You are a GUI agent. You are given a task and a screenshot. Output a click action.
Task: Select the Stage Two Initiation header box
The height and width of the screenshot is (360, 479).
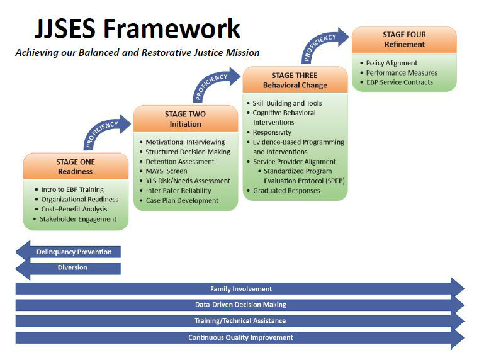(x=184, y=119)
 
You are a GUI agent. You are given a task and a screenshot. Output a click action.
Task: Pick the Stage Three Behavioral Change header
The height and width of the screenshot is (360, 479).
(x=295, y=80)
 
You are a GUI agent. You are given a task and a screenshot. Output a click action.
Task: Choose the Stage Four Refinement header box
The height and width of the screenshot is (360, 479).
(x=404, y=40)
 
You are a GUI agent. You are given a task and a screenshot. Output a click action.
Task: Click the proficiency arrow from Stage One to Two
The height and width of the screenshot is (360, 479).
(x=104, y=131)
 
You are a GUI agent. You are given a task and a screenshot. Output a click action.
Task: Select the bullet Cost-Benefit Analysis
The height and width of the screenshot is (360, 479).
(x=74, y=209)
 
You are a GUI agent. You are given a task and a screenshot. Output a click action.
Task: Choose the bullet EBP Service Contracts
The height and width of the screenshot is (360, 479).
(x=399, y=82)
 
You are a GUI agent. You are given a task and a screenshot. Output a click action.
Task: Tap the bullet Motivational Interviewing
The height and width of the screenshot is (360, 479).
(x=183, y=142)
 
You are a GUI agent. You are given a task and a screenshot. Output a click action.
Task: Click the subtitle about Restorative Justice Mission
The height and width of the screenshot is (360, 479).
(x=137, y=53)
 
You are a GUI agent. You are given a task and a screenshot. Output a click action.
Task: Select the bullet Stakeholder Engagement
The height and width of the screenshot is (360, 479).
(x=78, y=219)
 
